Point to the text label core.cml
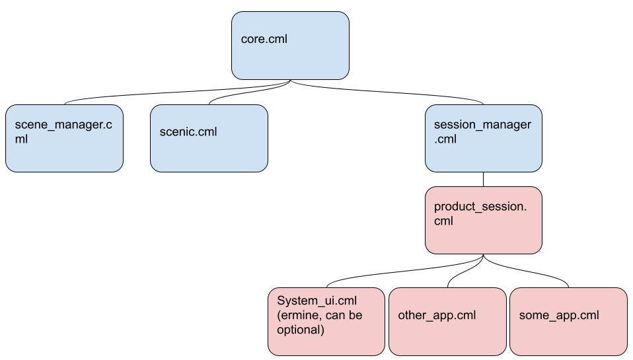[264, 39]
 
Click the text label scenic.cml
[188, 131]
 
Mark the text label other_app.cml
[437, 315]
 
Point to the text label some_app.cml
[559, 315]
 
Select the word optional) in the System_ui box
[301, 329]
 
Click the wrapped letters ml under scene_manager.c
[21, 139]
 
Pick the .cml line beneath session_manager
[445, 139]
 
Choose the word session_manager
[482, 125]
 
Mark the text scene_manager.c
[63, 125]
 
